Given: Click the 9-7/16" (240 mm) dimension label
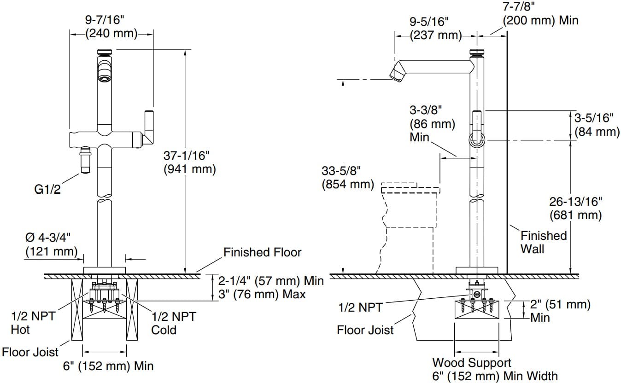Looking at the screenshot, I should click(x=111, y=26).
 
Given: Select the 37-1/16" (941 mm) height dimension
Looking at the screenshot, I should click(x=189, y=162).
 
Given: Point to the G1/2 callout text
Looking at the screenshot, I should click(x=48, y=189).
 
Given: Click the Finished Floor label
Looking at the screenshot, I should click(x=262, y=252).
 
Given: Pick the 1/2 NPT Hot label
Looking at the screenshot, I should click(x=33, y=323).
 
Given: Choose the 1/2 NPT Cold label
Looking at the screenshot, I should click(x=173, y=323).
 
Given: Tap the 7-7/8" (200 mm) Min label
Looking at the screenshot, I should click(x=540, y=14).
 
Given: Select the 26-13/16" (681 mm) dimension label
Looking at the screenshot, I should click(x=575, y=208).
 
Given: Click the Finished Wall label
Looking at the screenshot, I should click(x=543, y=242).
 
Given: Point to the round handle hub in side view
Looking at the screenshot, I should click(x=476, y=139).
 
